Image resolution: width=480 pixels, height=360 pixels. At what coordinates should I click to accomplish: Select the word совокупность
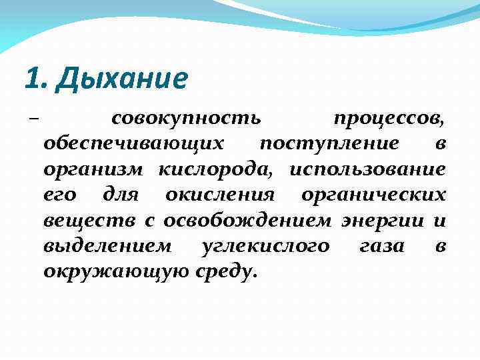click(186, 119)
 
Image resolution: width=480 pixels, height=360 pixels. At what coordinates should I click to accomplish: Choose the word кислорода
click(215, 169)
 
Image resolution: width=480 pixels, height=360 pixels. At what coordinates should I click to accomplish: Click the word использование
click(367, 169)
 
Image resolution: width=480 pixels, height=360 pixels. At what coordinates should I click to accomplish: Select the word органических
click(373, 195)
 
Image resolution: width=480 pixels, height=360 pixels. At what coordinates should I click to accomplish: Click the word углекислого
click(265, 245)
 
